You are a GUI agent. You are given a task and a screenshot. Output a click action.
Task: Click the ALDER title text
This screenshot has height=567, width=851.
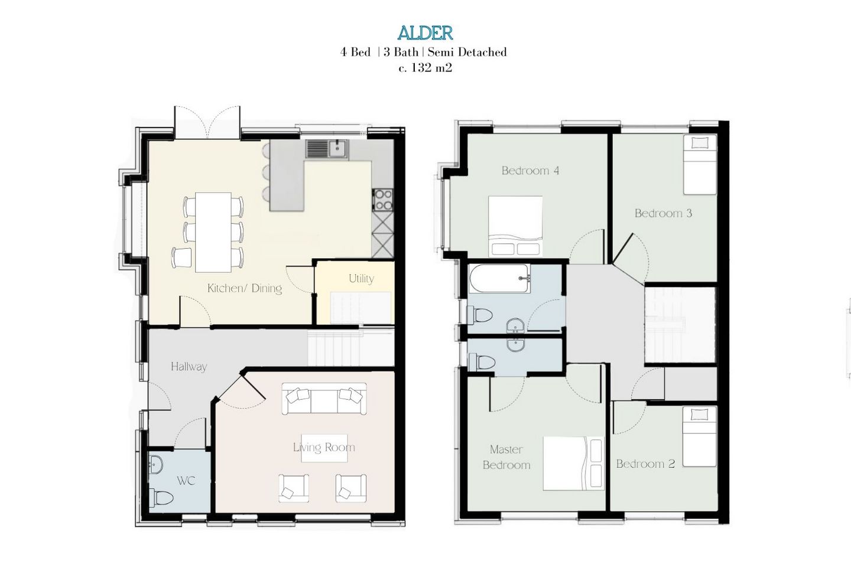point(425,33)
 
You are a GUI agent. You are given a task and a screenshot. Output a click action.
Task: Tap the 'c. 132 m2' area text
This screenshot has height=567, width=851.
point(425,69)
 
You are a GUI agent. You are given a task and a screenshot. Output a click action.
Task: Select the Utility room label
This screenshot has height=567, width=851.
point(361,279)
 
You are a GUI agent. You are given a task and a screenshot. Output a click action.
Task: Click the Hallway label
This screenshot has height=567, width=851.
point(189,366)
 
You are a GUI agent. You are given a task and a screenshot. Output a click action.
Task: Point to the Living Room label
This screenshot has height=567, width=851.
point(324,447)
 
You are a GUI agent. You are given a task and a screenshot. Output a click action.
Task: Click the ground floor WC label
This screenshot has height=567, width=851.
point(186,481)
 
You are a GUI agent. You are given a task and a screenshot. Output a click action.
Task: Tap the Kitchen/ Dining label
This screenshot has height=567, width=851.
point(245,288)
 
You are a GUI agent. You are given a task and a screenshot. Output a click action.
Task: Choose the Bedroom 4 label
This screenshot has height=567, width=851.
point(530,171)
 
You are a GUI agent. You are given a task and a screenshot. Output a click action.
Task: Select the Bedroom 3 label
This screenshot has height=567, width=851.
point(663,213)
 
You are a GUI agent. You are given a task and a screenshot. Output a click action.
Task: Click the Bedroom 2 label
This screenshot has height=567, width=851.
point(645,464)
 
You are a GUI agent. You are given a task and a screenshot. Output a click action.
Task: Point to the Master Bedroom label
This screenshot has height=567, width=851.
point(506,457)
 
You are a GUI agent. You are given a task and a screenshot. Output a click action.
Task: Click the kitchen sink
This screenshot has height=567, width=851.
point(327,148)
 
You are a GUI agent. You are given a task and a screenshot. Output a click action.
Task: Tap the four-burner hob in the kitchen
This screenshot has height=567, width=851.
point(383,200)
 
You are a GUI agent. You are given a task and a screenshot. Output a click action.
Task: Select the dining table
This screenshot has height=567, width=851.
point(213,233)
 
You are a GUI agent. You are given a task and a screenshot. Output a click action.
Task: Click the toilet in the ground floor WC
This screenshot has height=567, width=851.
point(161,497)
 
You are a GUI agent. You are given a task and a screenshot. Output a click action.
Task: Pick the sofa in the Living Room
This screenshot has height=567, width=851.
point(324,398)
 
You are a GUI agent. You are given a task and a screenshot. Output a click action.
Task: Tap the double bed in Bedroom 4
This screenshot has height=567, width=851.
point(515,226)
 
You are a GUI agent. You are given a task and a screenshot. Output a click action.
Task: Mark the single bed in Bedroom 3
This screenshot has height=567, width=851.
point(700,165)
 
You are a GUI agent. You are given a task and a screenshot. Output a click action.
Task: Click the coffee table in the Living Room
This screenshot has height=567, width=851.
point(324,448)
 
